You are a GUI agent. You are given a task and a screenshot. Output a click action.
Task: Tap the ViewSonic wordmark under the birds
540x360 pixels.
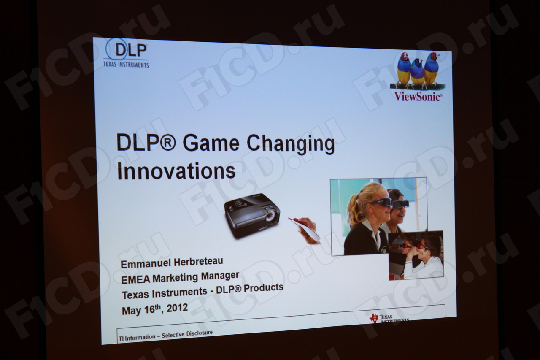pyautogui.click(x=418, y=97)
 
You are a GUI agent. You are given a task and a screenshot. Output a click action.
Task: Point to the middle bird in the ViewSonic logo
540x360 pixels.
pyautogui.click(x=417, y=71)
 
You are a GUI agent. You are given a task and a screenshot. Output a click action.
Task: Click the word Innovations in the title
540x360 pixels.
pyautogui.click(x=176, y=171)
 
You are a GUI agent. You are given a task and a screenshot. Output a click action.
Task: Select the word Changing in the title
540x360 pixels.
pyautogui.click(x=291, y=144)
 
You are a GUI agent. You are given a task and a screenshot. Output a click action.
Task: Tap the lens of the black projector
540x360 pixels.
pyautogui.click(x=270, y=215)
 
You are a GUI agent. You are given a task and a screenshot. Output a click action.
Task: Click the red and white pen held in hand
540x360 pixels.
pyautogui.click(x=304, y=229)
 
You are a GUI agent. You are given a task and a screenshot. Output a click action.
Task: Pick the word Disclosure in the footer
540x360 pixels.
pyautogui.click(x=199, y=333)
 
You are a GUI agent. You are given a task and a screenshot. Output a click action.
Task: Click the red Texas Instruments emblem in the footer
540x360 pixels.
pyautogui.click(x=374, y=318)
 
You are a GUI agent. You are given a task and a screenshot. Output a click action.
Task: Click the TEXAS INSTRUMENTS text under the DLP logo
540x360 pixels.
pyautogui.click(x=126, y=65)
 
